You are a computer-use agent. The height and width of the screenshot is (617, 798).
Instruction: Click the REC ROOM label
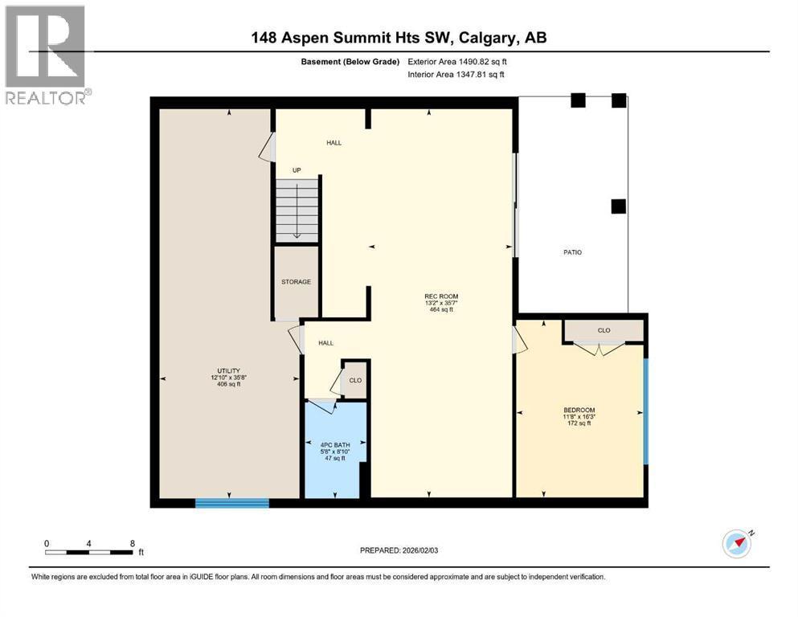441,296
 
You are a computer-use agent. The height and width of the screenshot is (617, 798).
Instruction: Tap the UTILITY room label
228,371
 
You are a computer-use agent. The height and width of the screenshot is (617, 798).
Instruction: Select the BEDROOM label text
579,410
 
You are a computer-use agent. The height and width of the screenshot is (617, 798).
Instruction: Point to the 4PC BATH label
335,445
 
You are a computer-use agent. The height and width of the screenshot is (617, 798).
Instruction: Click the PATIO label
572,252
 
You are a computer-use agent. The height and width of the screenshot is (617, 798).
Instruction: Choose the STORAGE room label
297,282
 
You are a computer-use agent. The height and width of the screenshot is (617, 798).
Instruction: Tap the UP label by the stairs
297,170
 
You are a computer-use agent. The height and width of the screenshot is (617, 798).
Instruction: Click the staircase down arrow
297,212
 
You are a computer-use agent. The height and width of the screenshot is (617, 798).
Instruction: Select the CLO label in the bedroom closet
604,331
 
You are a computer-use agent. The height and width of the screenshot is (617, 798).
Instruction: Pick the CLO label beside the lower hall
355,381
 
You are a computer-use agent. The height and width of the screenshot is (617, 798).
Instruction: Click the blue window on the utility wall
232,503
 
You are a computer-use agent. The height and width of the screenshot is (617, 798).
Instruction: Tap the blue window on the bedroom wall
646,411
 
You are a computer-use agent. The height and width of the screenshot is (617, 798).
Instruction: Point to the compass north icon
738,544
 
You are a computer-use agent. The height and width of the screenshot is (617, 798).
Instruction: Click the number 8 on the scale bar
133,543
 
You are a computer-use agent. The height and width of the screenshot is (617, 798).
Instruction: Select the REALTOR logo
46,55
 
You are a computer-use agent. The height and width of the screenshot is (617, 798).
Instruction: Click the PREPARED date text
399,550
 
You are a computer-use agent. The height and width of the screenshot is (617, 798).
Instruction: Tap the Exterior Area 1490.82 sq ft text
457,62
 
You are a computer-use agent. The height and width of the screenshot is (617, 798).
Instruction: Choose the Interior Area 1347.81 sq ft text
456,74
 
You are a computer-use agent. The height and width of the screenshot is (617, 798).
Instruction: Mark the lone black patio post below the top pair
618,206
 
